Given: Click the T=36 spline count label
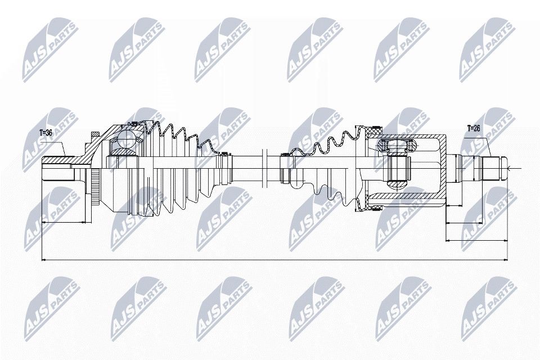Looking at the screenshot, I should click(47, 133).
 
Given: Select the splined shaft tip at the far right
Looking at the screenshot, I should click(493, 167).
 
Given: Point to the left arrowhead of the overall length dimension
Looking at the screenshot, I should click(44, 260).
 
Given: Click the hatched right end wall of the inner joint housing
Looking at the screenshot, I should click(443, 167).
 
